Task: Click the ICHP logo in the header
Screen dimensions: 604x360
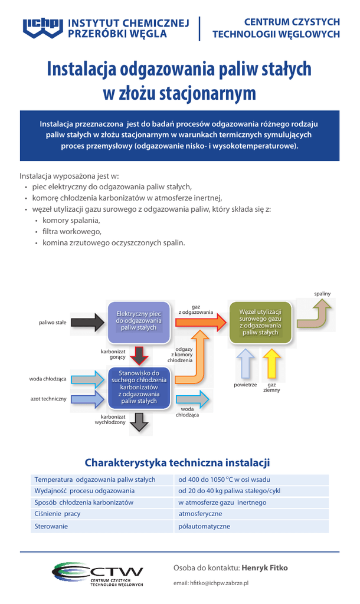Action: click(x=42, y=28)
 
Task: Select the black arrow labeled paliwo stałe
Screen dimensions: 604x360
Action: click(x=90, y=323)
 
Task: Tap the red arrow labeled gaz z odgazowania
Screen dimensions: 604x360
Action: click(x=201, y=321)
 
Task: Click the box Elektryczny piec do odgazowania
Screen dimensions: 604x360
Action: click(x=139, y=321)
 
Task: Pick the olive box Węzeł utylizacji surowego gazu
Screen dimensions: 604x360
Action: click(x=260, y=322)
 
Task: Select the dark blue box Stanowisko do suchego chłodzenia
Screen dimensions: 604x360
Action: click(x=139, y=388)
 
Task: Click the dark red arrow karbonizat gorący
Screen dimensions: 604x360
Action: click(x=139, y=355)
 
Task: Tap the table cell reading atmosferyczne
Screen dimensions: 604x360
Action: click(x=200, y=514)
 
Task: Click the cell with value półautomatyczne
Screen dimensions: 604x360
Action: click(x=204, y=526)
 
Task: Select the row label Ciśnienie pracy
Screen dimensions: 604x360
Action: click(x=57, y=514)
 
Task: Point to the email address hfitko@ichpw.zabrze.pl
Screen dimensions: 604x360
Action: click(x=211, y=583)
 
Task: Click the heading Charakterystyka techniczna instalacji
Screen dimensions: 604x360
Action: click(x=177, y=462)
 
